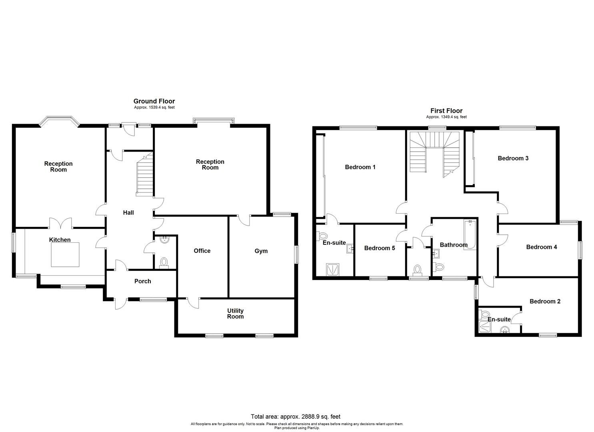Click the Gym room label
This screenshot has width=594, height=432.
click(261, 251)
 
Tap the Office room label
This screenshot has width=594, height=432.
click(202, 251)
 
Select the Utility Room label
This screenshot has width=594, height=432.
click(235, 314)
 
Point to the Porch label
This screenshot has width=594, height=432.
click(142, 281)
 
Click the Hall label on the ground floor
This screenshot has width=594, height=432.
click(128, 213)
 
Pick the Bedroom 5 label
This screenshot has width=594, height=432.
click(379, 248)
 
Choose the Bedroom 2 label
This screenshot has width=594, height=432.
click(545, 301)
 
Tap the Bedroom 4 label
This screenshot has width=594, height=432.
click(541, 247)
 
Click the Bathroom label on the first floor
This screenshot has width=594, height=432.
click(454, 245)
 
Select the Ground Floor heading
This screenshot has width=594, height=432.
click(154, 101)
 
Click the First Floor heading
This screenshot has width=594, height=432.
click(446, 111)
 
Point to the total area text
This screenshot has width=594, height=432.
click(296, 416)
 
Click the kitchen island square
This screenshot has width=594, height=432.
click(66, 254)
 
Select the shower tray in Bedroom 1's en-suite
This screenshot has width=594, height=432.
click(333, 270)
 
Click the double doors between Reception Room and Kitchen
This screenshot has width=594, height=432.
click(60, 223)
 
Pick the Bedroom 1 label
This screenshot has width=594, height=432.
click(360, 167)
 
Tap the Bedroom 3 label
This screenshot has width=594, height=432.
click(513, 158)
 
